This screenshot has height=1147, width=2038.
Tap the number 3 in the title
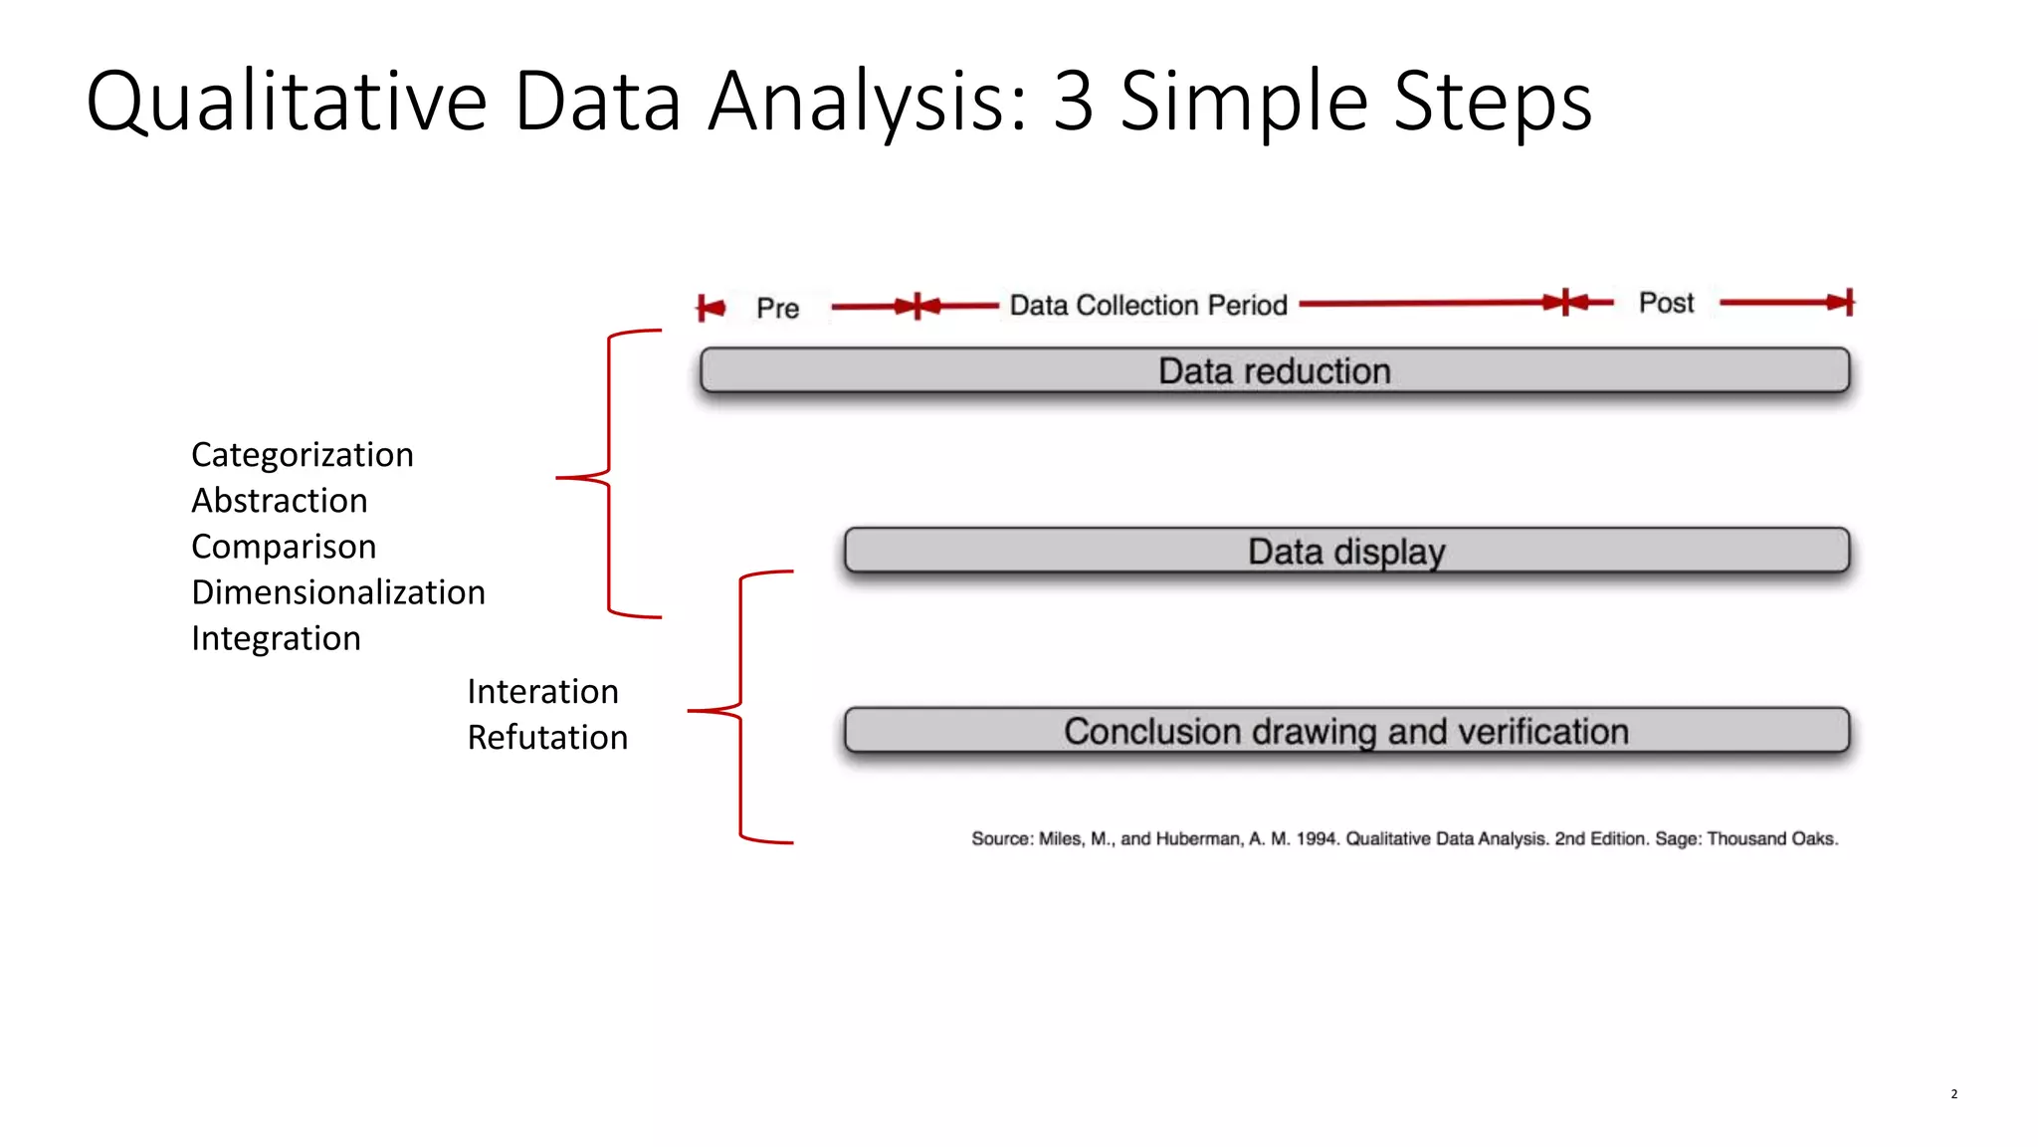click(x=1074, y=102)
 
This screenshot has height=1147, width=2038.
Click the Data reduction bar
click(x=1274, y=370)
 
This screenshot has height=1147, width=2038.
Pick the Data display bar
click(x=1346, y=551)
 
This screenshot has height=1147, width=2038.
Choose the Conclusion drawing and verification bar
click(x=1346, y=731)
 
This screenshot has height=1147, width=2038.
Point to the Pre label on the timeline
click(x=777, y=309)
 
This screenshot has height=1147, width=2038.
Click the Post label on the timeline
click(x=1666, y=303)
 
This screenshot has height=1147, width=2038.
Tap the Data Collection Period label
click(x=1148, y=305)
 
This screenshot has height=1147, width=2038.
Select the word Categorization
click(x=302, y=455)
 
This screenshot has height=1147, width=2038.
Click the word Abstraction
click(x=280, y=501)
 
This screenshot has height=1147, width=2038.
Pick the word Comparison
click(x=284, y=547)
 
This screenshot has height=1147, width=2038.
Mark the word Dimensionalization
click(x=338, y=592)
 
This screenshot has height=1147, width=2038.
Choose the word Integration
click(x=276, y=638)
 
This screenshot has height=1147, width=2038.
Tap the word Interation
click(x=542, y=691)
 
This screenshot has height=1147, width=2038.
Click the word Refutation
click(x=547, y=737)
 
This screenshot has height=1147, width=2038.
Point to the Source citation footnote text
click(x=1404, y=838)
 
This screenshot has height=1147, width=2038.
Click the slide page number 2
click(x=1953, y=1093)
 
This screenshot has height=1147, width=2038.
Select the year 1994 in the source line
click(x=1316, y=838)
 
